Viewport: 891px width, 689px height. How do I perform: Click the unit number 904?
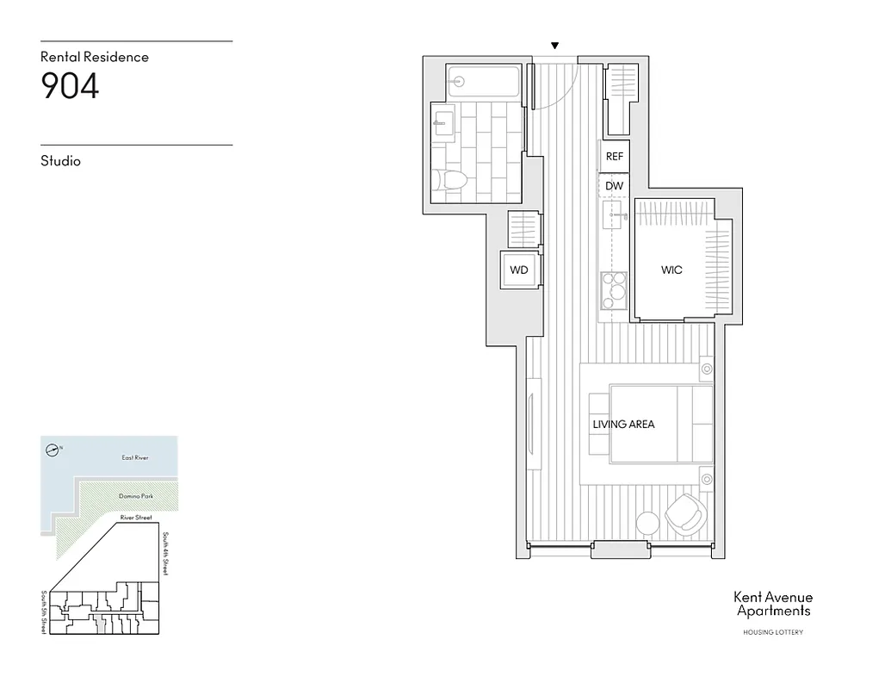71,86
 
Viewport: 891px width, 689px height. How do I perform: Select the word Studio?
60,161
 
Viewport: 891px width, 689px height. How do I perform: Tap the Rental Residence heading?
95,57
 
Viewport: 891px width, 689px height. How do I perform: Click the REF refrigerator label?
615,157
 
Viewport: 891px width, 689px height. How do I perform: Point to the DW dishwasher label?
614,186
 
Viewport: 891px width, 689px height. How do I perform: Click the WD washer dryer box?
519,270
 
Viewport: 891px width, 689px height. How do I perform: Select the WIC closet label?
671,270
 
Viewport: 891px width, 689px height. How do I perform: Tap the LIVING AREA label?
623,425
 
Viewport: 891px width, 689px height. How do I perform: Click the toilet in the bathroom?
452,181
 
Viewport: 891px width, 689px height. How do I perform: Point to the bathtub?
483,82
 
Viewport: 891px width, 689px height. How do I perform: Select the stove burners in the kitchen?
614,291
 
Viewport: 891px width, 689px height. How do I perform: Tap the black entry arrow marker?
555,46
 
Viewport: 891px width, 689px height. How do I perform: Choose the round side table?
647,522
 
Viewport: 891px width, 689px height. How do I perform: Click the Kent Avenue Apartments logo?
772,604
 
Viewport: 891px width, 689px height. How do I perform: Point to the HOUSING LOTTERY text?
772,633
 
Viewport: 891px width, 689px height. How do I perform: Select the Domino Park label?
136,497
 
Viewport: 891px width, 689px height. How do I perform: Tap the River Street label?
136,518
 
